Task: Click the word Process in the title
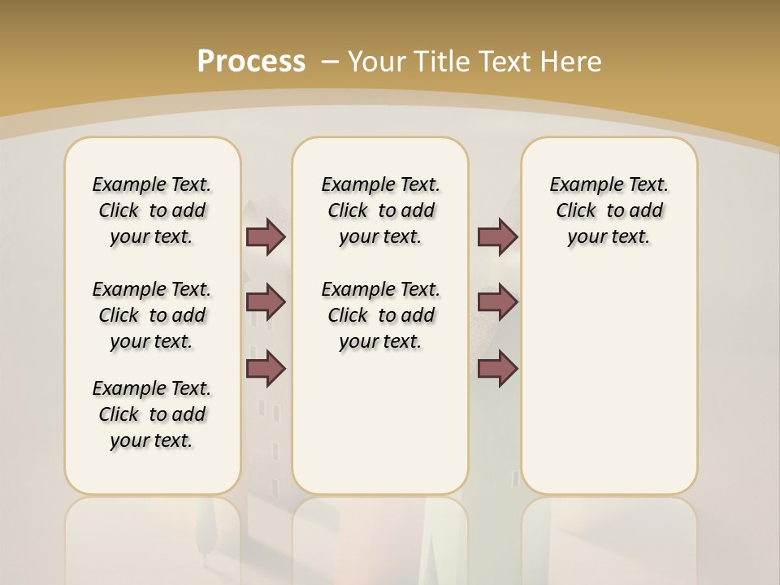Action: (251, 61)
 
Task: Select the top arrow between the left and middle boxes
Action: (266, 236)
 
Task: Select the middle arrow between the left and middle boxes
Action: (266, 302)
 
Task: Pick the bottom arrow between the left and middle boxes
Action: (266, 369)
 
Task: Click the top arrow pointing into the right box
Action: (497, 236)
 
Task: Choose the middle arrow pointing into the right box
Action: (497, 302)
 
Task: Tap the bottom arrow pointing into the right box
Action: (497, 369)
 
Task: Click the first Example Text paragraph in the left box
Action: (152, 210)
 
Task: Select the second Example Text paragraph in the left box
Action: (152, 315)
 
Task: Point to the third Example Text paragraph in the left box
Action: (152, 414)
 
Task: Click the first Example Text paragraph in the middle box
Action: (381, 210)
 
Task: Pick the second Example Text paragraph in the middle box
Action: (381, 315)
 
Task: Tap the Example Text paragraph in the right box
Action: (609, 210)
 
